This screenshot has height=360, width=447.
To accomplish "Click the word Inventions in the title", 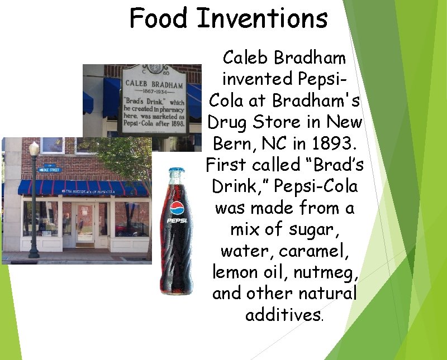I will (261, 18).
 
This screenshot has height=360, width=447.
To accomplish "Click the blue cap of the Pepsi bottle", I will (177, 170).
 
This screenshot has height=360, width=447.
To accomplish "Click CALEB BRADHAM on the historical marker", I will (154, 84).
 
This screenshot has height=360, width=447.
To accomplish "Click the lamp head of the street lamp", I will (35, 149).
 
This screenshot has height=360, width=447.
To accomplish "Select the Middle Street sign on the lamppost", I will (49, 169).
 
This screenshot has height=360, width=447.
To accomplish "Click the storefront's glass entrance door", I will (85, 223).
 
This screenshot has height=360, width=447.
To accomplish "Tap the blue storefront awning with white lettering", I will (84, 188).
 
